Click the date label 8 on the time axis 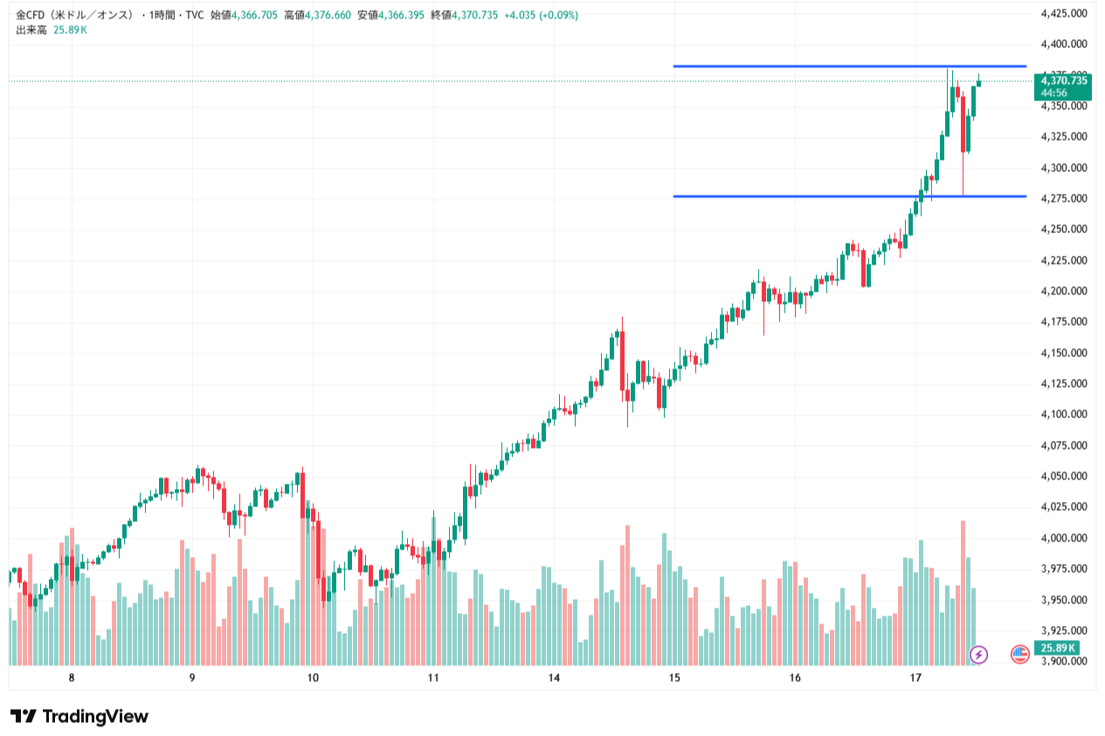72,678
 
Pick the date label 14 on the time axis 554,678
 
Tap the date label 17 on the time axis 915,678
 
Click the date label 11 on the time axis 433,678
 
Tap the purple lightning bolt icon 979,653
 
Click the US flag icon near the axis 1019,653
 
